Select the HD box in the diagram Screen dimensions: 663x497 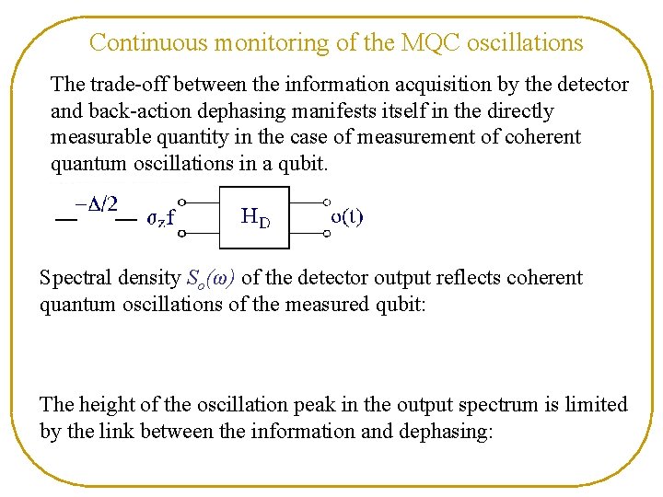[254, 217]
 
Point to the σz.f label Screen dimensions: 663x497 [161, 219]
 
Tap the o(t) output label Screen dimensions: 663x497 [347, 217]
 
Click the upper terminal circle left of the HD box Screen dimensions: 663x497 [182, 201]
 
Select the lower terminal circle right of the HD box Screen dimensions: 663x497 [326, 234]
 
